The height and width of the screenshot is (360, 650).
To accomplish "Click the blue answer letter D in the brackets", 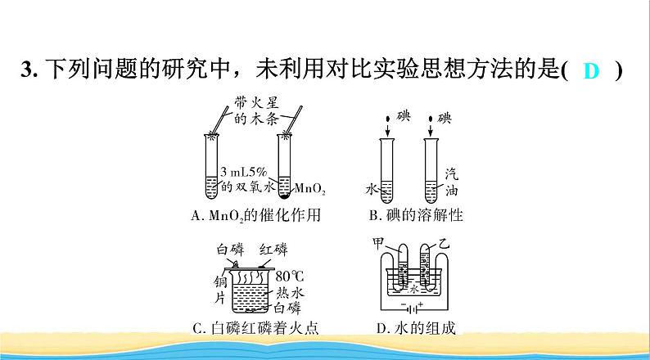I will [592, 71].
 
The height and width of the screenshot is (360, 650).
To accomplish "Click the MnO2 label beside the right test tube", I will [309, 191].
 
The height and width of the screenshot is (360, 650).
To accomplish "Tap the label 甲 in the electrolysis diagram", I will [377, 243].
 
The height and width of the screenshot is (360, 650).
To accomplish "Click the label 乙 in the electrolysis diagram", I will [445, 244].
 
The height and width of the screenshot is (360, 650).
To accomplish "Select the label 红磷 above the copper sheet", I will [272, 249].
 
